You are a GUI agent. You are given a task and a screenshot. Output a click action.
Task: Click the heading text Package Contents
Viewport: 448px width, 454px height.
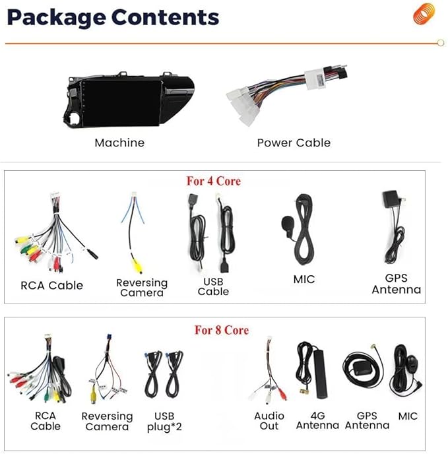coord(112,17)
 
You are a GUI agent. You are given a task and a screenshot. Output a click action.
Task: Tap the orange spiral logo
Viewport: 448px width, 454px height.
coord(424,14)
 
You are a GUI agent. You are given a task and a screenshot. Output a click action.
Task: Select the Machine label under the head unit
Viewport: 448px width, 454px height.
coord(119,143)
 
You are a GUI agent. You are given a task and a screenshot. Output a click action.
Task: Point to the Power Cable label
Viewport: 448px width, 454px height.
coord(294,143)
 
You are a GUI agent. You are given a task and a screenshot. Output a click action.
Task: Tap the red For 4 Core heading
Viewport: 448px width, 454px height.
coord(213,181)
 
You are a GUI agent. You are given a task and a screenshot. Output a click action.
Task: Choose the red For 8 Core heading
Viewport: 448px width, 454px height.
coord(221,329)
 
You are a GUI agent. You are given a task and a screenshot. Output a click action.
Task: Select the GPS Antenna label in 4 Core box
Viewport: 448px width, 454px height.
coord(396,284)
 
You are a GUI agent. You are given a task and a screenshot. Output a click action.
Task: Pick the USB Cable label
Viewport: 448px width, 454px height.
coord(213,286)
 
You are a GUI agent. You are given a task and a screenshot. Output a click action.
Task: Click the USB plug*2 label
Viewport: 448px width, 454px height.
coord(164,422)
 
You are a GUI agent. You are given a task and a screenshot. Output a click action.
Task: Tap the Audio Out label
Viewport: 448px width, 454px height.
coord(269,421)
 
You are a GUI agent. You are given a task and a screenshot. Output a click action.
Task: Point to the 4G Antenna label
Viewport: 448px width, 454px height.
coord(317,421)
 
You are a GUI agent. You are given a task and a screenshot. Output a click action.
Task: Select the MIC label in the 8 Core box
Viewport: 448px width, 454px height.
coord(408,416)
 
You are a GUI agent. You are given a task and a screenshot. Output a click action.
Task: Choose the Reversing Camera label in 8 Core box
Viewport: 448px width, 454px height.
coord(107,422)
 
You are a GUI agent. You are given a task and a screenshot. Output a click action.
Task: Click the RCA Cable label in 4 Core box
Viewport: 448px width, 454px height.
coord(52,285)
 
